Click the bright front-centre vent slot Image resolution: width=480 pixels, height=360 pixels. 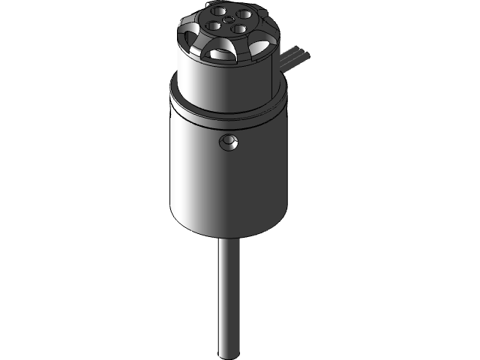[222, 54]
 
